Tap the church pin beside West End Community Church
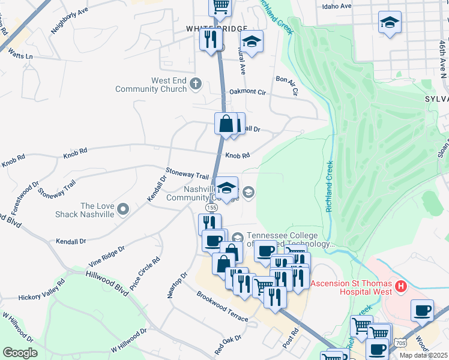[195, 84]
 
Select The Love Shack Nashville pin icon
[123, 209]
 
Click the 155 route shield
[211, 207]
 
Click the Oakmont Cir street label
[247, 92]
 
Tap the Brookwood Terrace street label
[221, 307]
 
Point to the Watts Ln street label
[20, 55]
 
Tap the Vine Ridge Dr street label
[106, 256]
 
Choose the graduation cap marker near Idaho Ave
[390, 23]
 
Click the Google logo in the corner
[20, 353]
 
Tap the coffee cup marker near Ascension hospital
[422, 311]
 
